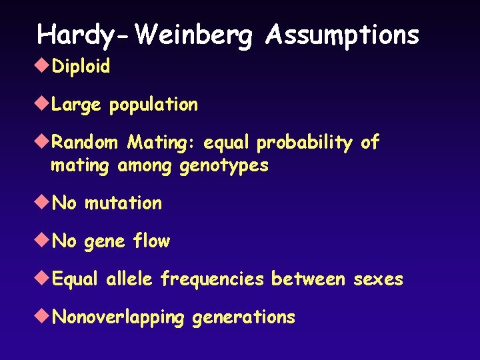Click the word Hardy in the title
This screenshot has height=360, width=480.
click(x=67, y=35)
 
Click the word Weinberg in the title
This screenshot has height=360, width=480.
click(x=193, y=35)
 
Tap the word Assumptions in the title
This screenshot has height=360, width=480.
click(x=342, y=35)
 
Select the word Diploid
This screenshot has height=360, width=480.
click(x=81, y=66)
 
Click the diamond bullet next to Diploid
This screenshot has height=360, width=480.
click(x=44, y=66)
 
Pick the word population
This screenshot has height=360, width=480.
click(x=153, y=105)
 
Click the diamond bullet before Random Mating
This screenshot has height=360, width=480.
click(x=44, y=142)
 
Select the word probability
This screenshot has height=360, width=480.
click(x=305, y=143)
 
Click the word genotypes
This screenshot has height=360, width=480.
click(x=224, y=165)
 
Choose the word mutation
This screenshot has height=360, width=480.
click(x=123, y=203)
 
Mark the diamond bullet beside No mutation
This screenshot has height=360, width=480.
click(x=44, y=203)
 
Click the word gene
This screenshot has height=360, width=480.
click(x=105, y=241)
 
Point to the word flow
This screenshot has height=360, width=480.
click(x=151, y=241)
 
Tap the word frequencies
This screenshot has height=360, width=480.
click(x=212, y=279)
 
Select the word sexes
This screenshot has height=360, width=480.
click(x=378, y=279)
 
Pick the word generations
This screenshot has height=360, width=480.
click(x=243, y=317)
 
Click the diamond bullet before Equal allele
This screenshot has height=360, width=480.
click(x=44, y=279)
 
